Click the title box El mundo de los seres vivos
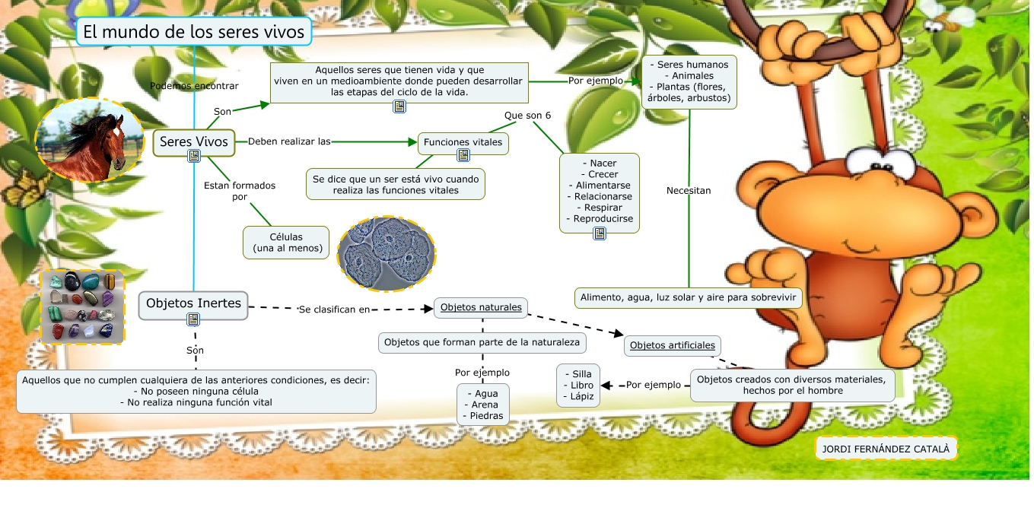194,32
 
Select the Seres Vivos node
193,141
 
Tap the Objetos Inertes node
193,303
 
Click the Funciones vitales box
463,142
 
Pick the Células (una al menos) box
287,243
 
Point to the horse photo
89,139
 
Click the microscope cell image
388,253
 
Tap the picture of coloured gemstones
82,306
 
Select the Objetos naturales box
481,307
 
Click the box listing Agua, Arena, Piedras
482,405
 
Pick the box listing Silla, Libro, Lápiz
578,386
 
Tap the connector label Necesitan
689,191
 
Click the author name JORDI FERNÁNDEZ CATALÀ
886,449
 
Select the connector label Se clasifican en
334,310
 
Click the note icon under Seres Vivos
194,156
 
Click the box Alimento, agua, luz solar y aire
688,297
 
